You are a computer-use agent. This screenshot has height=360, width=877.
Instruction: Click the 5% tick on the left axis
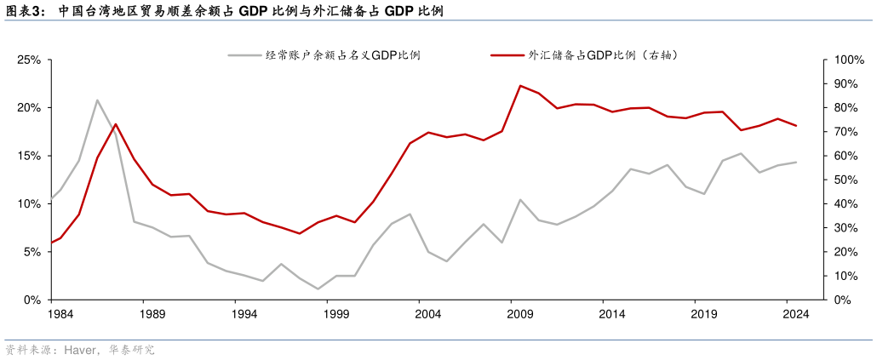coord(32,253)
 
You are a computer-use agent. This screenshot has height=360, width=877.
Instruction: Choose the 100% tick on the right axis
coord(848,60)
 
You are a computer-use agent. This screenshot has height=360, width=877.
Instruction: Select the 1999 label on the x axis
coord(336,314)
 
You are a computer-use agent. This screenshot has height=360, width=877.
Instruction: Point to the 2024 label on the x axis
coord(795,314)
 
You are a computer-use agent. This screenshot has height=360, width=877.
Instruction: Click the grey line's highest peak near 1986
coord(97,100)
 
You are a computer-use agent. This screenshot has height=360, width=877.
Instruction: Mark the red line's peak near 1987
coord(116,124)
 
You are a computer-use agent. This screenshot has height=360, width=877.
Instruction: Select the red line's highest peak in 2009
coord(520,85)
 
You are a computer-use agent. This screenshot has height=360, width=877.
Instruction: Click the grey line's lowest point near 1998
coord(318,289)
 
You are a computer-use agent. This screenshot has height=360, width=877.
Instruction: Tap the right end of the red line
coord(796,126)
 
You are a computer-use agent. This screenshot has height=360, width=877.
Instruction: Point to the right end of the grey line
coord(796,162)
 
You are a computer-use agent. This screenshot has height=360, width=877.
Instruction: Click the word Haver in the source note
coord(77,350)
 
